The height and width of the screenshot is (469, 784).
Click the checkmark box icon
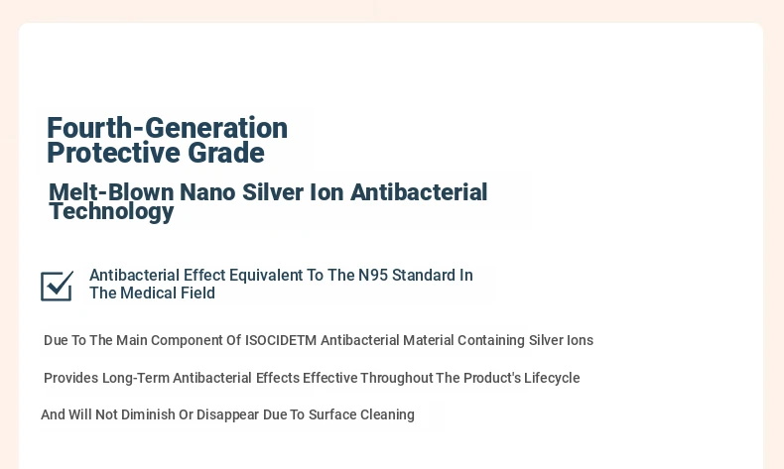pyautogui.click(x=57, y=287)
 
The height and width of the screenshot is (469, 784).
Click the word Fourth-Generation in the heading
pyautogui.click(x=167, y=128)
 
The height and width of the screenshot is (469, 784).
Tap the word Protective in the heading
pyautogui.click(x=113, y=153)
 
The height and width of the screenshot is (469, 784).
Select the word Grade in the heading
pyautogui.click(x=226, y=153)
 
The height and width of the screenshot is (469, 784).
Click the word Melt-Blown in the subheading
pyautogui.click(x=111, y=192)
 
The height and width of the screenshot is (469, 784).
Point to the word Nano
pyautogui.click(x=207, y=192)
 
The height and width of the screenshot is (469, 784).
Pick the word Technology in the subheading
pyautogui.click(x=111, y=211)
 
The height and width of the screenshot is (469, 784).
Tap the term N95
pyautogui.click(x=373, y=276)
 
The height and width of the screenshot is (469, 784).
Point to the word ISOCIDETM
pyautogui.click(x=281, y=340)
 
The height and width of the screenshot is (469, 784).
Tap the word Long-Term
pyautogui.click(x=136, y=378)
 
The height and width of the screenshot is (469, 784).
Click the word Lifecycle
pyautogui.click(x=552, y=378)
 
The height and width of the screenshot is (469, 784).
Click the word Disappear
pyautogui.click(x=227, y=415)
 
